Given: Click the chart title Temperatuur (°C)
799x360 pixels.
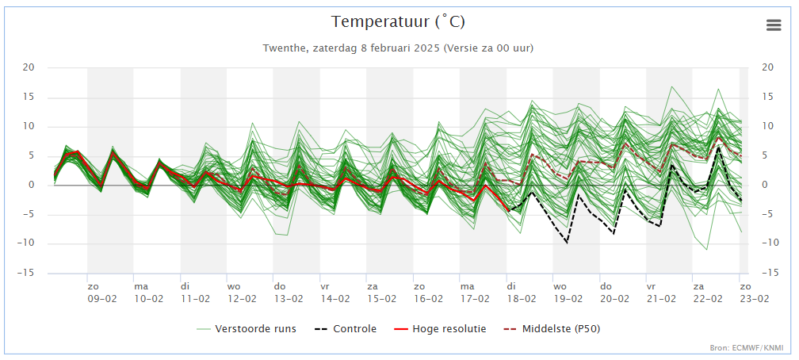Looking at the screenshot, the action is tap(398, 22).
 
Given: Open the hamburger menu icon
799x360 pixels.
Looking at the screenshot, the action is tap(774, 25).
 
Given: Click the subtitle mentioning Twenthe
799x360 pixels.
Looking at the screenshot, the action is tap(398, 48).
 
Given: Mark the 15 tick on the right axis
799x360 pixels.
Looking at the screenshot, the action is tap(767, 97).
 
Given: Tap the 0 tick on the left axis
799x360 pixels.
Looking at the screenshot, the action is tap(31, 185).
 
